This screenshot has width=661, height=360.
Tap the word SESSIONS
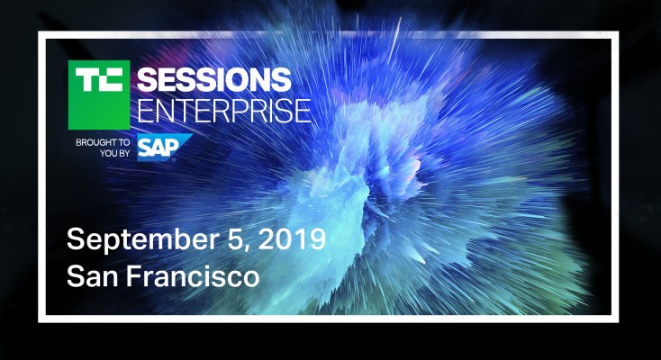coord(213,78)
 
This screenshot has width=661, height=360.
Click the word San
coord(90,274)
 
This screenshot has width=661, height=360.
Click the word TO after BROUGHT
coord(123,142)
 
